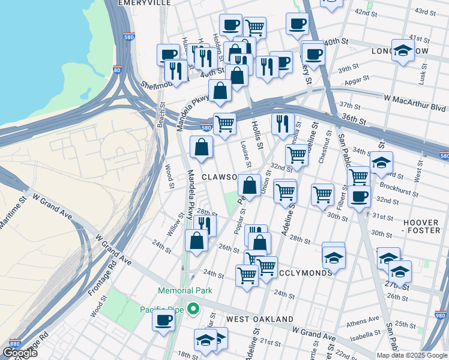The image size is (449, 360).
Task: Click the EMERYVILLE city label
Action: (145, 3)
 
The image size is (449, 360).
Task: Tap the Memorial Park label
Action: (185, 290)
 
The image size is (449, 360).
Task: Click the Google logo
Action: (20, 353)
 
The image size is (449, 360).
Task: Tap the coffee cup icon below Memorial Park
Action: (163, 320)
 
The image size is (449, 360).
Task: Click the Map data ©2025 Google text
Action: (412, 355)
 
